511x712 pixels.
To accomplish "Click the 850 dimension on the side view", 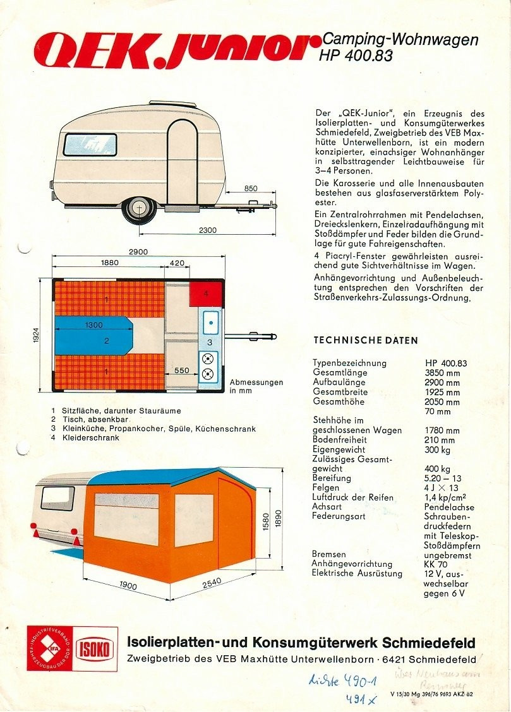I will (x=251, y=188).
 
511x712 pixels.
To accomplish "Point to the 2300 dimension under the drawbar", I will (x=208, y=230).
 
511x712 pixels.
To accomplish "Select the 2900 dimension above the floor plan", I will (x=138, y=252).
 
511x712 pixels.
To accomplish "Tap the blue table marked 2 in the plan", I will (x=95, y=336).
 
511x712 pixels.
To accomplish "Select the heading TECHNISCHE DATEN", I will (x=366, y=340).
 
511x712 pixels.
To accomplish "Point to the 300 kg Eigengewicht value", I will (x=437, y=449).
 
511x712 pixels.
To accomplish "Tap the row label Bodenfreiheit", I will (x=339, y=440).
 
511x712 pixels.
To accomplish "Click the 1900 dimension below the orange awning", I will (x=128, y=586).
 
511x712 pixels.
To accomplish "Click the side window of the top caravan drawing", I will (x=90, y=145).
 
